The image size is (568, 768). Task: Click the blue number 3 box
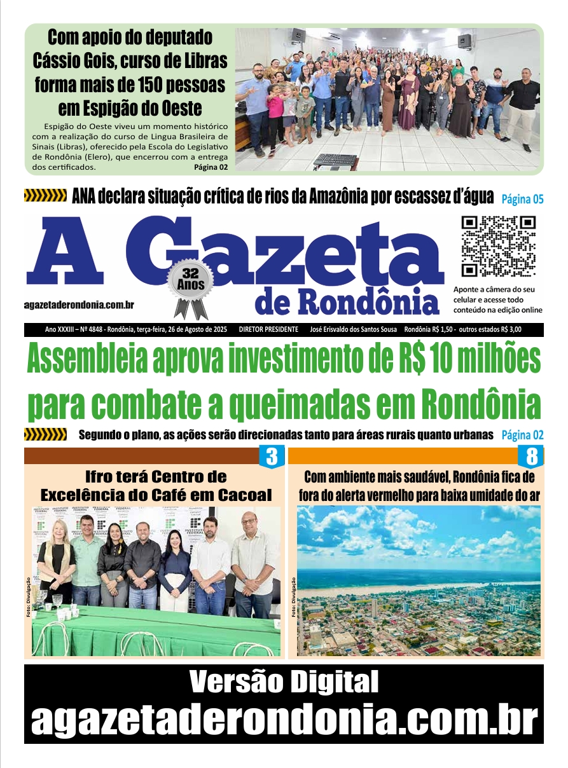pyautogui.click(x=272, y=457)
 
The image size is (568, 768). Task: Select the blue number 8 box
pyautogui.click(x=530, y=457)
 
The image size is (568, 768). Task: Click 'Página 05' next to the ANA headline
pyautogui.click(x=522, y=199)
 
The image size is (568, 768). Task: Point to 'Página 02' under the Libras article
pyautogui.click(x=211, y=167)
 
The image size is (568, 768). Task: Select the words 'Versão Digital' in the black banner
pyautogui.click(x=284, y=683)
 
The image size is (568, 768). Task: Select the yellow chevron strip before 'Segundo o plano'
pyautogui.click(x=45, y=435)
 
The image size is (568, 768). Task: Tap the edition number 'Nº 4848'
pyautogui.click(x=94, y=330)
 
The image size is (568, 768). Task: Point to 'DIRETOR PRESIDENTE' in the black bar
pyautogui.click(x=268, y=330)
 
